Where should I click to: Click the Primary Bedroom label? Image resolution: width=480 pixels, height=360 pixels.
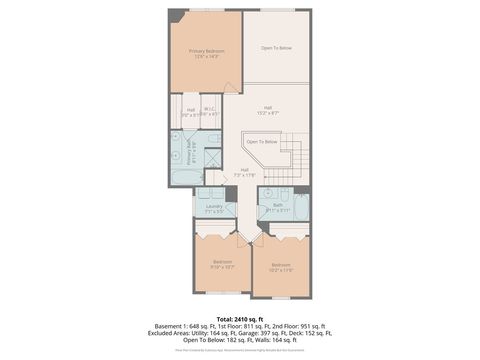coord(207,53)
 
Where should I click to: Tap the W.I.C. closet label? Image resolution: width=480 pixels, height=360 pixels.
coord(210,111)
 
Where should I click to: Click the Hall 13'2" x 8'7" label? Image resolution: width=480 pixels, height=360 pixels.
coord(268,110)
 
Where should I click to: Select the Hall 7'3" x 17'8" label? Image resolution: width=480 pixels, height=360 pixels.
coord(245,172)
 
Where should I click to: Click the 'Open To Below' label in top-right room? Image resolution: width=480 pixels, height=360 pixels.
coord(276,48)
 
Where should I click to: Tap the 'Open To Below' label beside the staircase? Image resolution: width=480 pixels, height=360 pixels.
coord(262,142)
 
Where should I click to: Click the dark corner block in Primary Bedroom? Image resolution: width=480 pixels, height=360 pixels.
coord(175,16)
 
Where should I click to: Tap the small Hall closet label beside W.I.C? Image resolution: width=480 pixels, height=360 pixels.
coord(190,111)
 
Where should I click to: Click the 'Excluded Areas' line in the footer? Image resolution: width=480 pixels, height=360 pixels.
coord(239,333)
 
